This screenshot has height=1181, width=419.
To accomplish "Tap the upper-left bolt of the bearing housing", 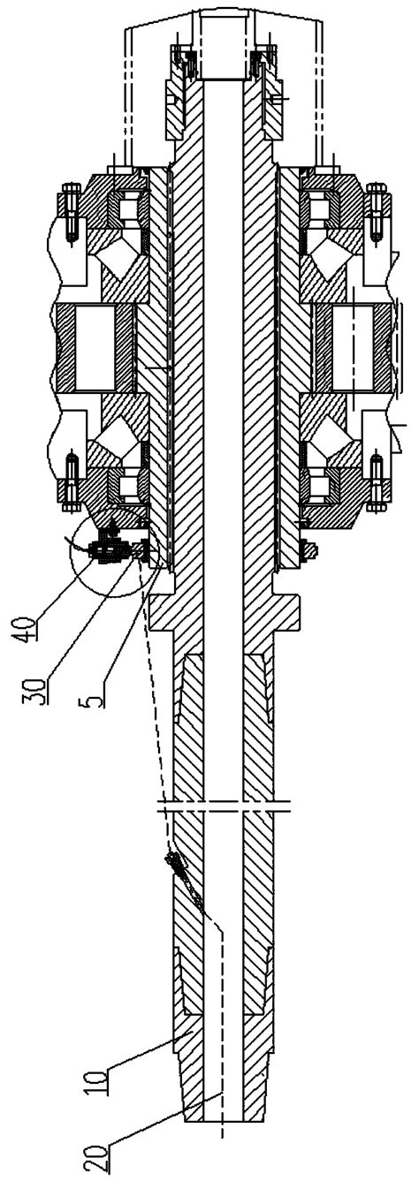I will point(71,208).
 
